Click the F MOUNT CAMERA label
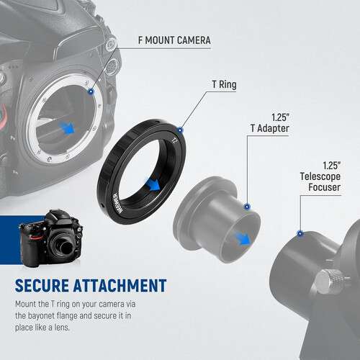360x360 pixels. [174, 40]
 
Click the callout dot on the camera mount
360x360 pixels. [90, 91]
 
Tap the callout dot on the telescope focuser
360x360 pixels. [297, 233]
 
